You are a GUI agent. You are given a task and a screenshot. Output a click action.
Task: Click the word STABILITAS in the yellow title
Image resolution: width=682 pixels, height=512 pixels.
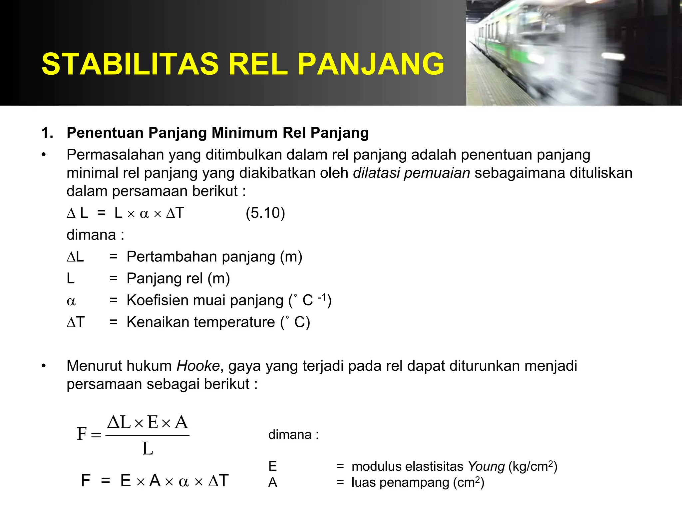pyautogui.click(x=130, y=64)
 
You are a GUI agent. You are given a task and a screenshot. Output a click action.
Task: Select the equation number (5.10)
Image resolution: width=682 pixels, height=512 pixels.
pyautogui.click(x=265, y=213)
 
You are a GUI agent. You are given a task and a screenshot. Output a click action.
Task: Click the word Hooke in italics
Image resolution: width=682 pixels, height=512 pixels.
pyautogui.click(x=198, y=366)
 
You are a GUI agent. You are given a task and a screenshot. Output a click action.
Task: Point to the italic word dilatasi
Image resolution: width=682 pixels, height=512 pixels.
pyautogui.click(x=376, y=173)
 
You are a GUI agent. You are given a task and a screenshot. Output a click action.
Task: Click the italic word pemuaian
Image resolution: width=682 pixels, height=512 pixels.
pyautogui.click(x=437, y=173)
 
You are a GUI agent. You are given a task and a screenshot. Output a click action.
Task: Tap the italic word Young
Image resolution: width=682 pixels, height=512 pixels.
pyautogui.click(x=486, y=466)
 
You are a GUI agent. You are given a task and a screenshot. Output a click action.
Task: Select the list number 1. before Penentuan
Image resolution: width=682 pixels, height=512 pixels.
pyautogui.click(x=47, y=133)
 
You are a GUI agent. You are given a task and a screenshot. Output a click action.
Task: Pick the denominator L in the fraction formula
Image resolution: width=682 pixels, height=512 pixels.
pyautogui.click(x=148, y=449)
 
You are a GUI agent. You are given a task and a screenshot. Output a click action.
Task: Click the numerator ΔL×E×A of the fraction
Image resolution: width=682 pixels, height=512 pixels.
pyautogui.click(x=148, y=422)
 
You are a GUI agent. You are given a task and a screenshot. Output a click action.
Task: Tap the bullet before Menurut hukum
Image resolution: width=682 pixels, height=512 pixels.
pyautogui.click(x=44, y=366)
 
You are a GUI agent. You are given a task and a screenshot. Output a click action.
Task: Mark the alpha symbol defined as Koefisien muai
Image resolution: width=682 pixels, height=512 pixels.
pyautogui.click(x=71, y=301)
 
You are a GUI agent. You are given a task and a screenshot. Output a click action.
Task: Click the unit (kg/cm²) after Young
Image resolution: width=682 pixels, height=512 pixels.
pyautogui.click(x=533, y=466)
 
